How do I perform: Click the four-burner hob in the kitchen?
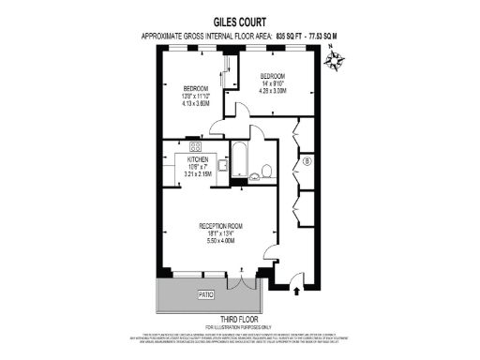(x=196, y=146)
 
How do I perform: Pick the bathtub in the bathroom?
(x=238, y=162)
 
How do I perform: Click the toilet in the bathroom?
(x=266, y=170)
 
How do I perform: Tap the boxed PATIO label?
(x=206, y=295)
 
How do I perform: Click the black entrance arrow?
(x=298, y=292)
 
